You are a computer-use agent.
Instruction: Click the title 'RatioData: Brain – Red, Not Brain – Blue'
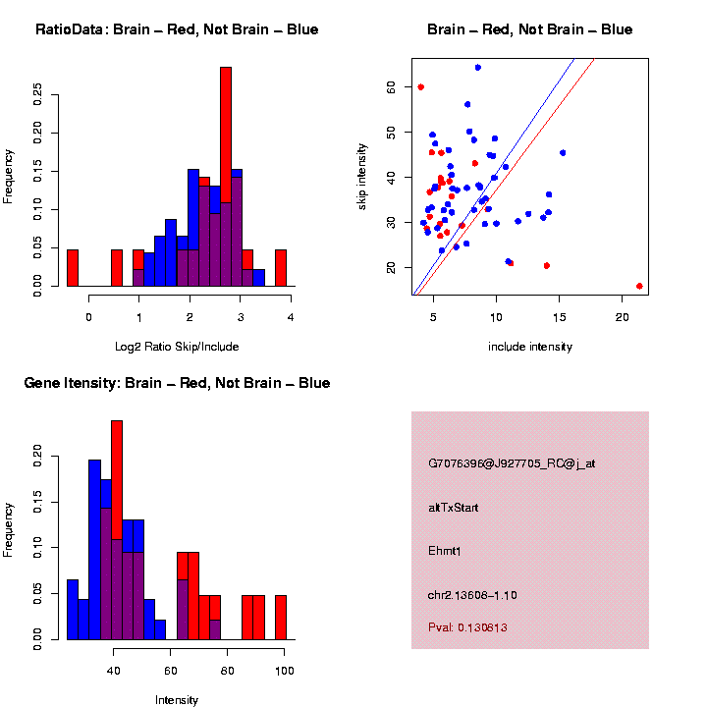(177, 29)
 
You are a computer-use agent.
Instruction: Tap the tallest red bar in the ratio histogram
(226, 147)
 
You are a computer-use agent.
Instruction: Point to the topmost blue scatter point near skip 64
(477, 68)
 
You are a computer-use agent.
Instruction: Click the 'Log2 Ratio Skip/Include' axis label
(177, 346)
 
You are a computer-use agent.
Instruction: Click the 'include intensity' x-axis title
(530, 346)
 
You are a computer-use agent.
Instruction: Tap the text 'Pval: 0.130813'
(467, 626)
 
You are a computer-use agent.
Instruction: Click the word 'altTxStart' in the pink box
(453, 508)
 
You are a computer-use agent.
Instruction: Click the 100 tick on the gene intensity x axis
(285, 670)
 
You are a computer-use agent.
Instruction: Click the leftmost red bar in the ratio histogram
(72, 268)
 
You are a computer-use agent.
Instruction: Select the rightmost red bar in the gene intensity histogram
(280, 618)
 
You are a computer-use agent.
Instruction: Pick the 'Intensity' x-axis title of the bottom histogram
(177, 699)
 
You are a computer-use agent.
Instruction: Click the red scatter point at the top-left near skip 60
(421, 87)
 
